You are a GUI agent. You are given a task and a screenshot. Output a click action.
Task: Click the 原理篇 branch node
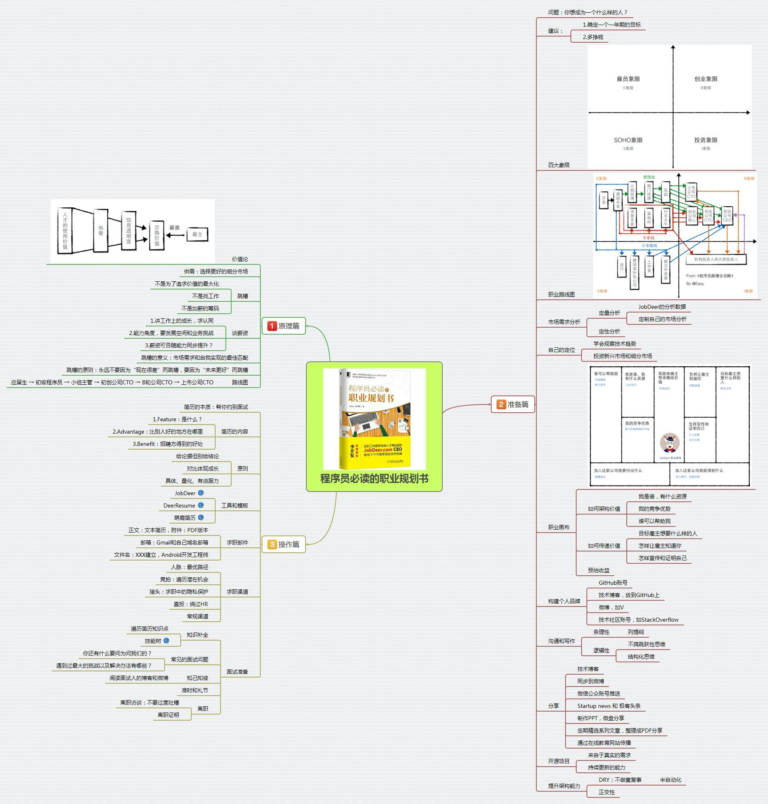(x=284, y=326)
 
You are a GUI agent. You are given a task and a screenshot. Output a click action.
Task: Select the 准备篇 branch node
(x=513, y=404)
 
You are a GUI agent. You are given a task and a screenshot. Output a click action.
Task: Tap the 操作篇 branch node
(x=284, y=544)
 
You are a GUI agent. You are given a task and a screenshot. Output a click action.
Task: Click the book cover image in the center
(x=374, y=419)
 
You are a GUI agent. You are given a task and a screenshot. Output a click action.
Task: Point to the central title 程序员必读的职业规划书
(x=374, y=479)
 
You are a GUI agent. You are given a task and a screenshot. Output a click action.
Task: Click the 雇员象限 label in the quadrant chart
(x=628, y=79)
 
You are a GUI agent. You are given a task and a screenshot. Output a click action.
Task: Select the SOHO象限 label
(x=628, y=140)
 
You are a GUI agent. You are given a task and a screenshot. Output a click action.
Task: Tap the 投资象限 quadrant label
(x=706, y=140)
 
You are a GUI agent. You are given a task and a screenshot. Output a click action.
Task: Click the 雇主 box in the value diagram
(x=197, y=234)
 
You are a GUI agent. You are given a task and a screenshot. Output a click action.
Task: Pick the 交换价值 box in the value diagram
(x=156, y=235)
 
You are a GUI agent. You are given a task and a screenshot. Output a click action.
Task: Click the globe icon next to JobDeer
(x=201, y=493)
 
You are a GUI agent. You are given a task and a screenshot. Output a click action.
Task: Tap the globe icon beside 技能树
(x=166, y=641)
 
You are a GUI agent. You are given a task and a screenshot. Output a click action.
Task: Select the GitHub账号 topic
(x=613, y=583)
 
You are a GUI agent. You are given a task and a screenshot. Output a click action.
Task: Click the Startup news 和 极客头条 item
(x=609, y=706)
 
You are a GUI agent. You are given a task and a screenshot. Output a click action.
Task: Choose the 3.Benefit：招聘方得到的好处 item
(x=168, y=444)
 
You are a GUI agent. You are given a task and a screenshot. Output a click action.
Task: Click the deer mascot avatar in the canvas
(x=669, y=443)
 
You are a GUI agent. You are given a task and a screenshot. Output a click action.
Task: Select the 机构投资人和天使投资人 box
(x=716, y=260)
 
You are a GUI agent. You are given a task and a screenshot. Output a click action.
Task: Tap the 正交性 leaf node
(x=607, y=792)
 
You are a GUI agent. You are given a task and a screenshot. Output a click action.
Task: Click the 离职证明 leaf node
(x=168, y=715)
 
